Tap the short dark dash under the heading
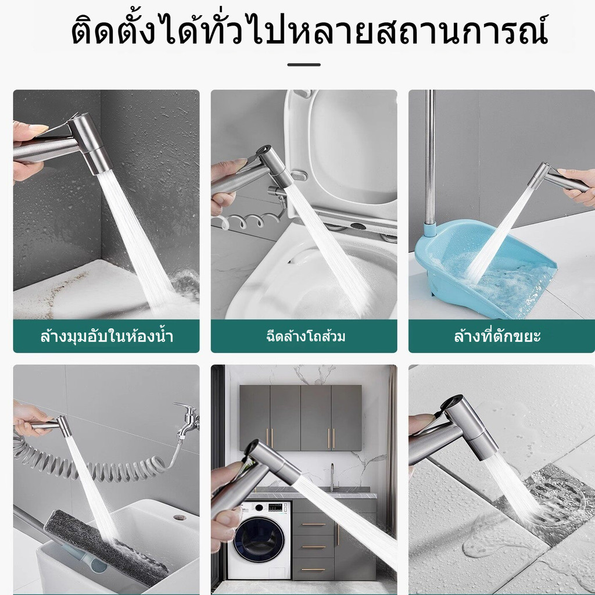pyautogui.click(x=303, y=65)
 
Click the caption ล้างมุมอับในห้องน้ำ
pyautogui.click(x=107, y=336)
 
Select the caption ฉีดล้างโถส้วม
pyautogui.click(x=306, y=336)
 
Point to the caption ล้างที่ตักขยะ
pyautogui.click(x=497, y=336)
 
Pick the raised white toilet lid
pyautogui.click(x=342, y=148)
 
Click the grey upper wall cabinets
pyautogui.click(x=300, y=418)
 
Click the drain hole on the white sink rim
pyautogui.click(x=180, y=517)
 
